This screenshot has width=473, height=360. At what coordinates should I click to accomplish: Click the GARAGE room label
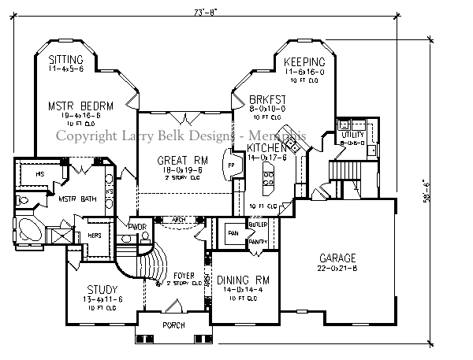[x=337, y=258]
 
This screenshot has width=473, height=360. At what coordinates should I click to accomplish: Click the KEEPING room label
[x=304, y=62]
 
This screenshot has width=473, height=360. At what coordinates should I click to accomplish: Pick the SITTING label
[x=66, y=60]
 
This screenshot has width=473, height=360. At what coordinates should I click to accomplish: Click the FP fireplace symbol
[x=232, y=167]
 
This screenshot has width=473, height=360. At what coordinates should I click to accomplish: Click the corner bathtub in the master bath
[x=32, y=232]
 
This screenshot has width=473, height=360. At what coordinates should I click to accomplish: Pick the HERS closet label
[x=93, y=236]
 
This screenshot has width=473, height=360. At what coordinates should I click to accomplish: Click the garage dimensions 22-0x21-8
[x=337, y=269]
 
